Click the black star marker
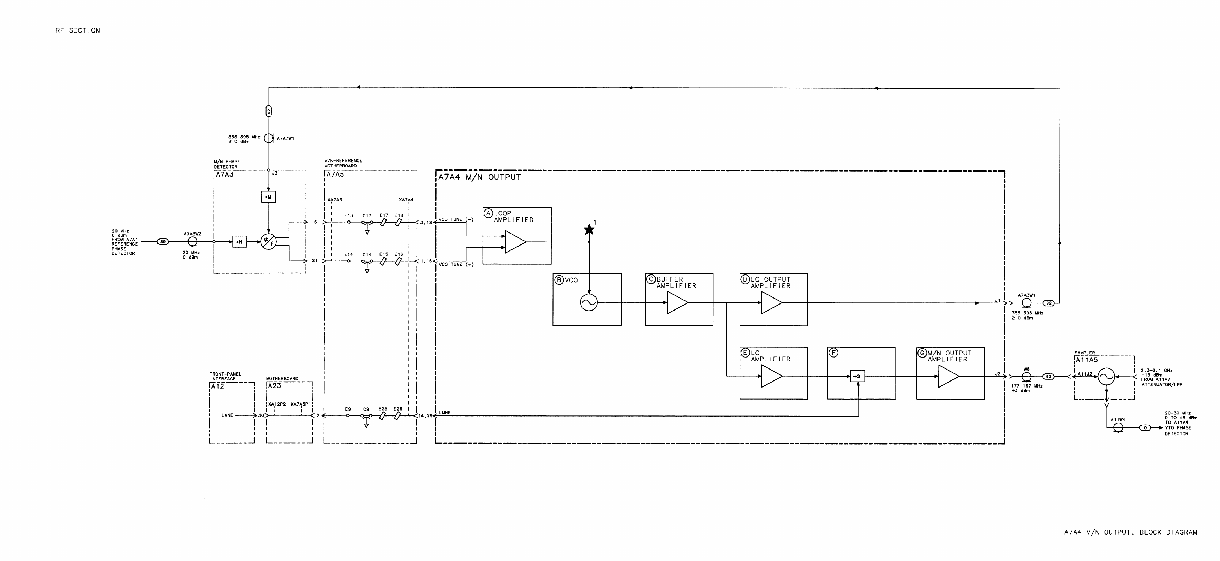589,230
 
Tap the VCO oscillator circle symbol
589,302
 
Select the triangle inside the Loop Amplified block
515,242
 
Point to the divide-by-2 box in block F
857,376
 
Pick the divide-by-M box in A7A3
269,197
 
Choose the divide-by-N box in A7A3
240,242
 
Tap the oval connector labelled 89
163,242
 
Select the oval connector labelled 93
1048,377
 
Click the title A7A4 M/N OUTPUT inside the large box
479,177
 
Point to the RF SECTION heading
78,30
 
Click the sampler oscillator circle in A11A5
1106,377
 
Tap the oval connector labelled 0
1145,428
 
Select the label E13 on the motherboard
348,215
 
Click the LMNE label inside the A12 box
227,415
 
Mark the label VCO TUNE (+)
456,264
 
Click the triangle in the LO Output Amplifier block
771,303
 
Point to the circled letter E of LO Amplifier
745,353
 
